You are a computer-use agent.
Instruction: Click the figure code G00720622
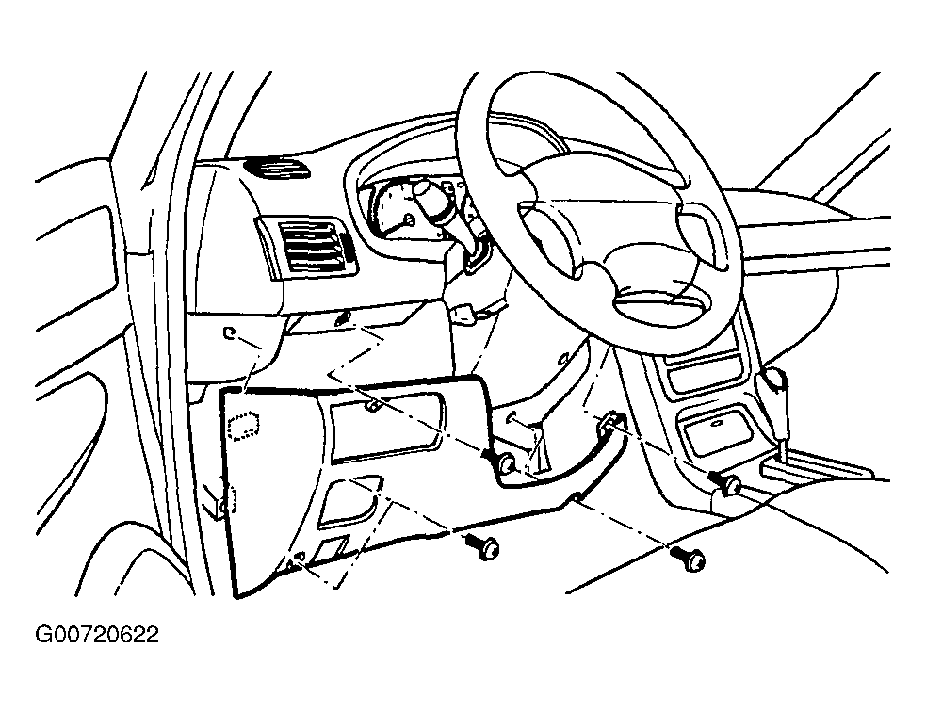[97, 635]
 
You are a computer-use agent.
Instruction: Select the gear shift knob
[774, 381]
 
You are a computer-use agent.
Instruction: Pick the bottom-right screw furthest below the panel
[690, 559]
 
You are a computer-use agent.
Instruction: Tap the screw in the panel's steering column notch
[505, 462]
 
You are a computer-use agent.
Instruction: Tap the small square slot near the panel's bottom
[332, 549]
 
